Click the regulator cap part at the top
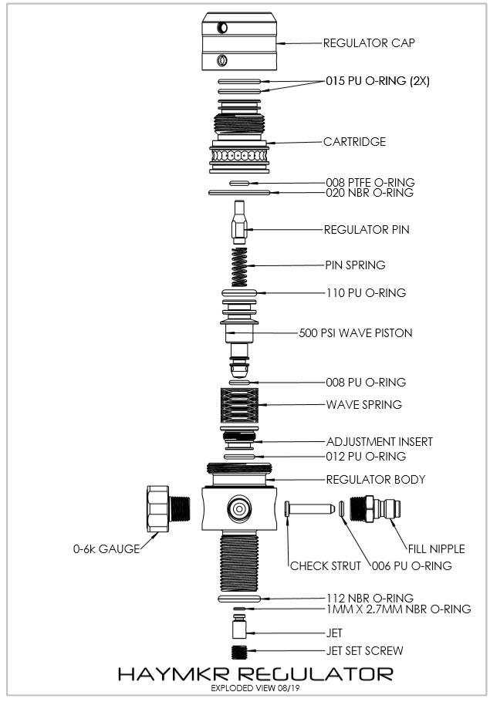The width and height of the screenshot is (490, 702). pos(239,43)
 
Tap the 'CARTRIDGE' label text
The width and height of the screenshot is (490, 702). pos(354,142)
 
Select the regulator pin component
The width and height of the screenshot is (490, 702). pos(240,221)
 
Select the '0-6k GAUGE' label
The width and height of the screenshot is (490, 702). pos(102,549)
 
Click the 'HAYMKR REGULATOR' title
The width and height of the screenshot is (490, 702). pos(255,673)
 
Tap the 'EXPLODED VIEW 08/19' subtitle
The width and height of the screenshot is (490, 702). pos(255,687)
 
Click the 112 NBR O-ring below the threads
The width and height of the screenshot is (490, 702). pos(243,598)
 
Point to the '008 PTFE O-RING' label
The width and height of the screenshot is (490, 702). pos(370,183)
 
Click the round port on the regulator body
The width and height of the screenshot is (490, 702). pos(238,508)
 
